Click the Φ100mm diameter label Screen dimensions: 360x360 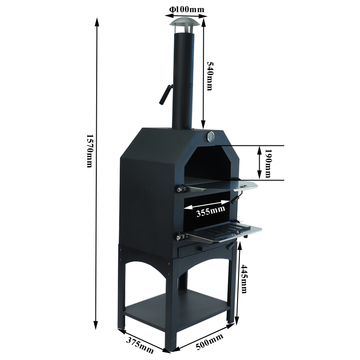tap(186, 9)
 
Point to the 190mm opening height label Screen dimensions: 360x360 tap(268, 163)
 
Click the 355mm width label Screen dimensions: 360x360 tap(211, 211)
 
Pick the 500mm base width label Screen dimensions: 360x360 tap(209, 342)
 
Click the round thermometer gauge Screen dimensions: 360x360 tap(211, 137)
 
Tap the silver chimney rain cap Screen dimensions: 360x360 tap(184, 21)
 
